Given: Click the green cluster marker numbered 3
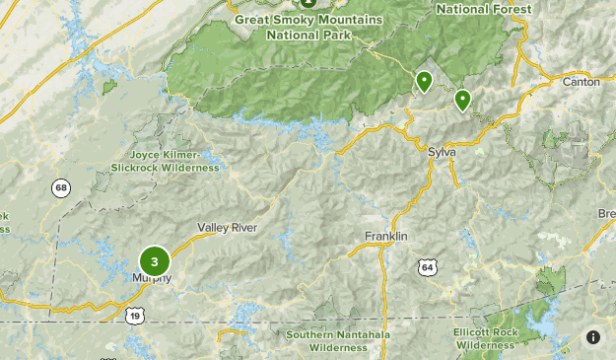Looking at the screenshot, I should tap(155, 261).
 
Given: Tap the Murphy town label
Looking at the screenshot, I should tap(152, 278).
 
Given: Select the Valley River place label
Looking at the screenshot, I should tap(227, 228).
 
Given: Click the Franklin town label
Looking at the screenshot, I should tap(385, 237).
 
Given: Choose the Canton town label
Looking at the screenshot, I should tap(581, 82).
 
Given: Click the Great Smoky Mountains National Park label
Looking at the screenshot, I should tap(308, 26).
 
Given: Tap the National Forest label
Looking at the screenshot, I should tap(483, 9).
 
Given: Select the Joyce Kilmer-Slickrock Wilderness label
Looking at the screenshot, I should tap(164, 162).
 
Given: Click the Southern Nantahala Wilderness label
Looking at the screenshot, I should tap(337, 341).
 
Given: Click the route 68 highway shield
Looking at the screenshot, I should tap(62, 187).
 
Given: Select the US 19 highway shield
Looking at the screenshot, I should tap(134, 314).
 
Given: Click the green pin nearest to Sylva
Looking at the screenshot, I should tap(462, 99).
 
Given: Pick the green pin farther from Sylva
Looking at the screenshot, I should tap(425, 81).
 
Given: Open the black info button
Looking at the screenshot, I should tap(593, 337).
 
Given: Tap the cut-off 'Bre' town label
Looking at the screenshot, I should tap(606, 214).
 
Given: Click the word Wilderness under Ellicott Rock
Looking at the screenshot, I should tap(486, 346).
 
